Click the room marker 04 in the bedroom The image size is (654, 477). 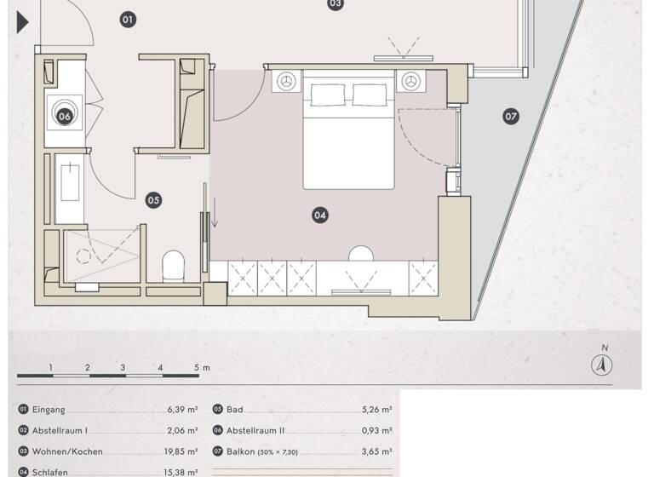pos(320,216)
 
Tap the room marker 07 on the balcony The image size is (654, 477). pos(511,116)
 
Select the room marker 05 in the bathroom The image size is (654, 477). pos(153,201)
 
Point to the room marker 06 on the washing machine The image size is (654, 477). pos(65,116)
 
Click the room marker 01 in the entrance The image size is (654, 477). pos(128,18)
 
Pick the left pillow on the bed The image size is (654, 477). pos(324,95)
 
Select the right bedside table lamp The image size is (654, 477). pos(412,81)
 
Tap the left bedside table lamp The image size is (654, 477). pos(286,81)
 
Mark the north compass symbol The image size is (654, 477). pos(603,364)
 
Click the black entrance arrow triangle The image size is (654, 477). pos(23,22)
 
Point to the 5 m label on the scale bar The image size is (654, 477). pos(201,368)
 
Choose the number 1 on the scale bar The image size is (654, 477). pos(51,368)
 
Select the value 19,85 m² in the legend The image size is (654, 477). pos(182,452)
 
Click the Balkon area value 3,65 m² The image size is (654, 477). pos(376,452)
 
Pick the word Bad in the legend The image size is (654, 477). pos(235,410)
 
